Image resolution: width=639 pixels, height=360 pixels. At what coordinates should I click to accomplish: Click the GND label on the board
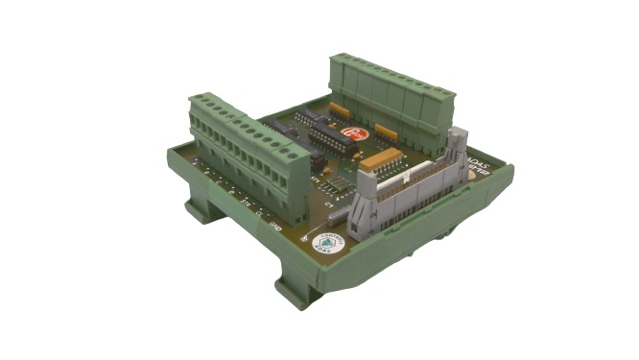pos(274,227)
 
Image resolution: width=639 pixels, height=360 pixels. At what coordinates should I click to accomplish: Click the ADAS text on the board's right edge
pos(476,163)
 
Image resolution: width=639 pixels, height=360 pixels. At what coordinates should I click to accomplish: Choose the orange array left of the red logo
pos(339,110)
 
